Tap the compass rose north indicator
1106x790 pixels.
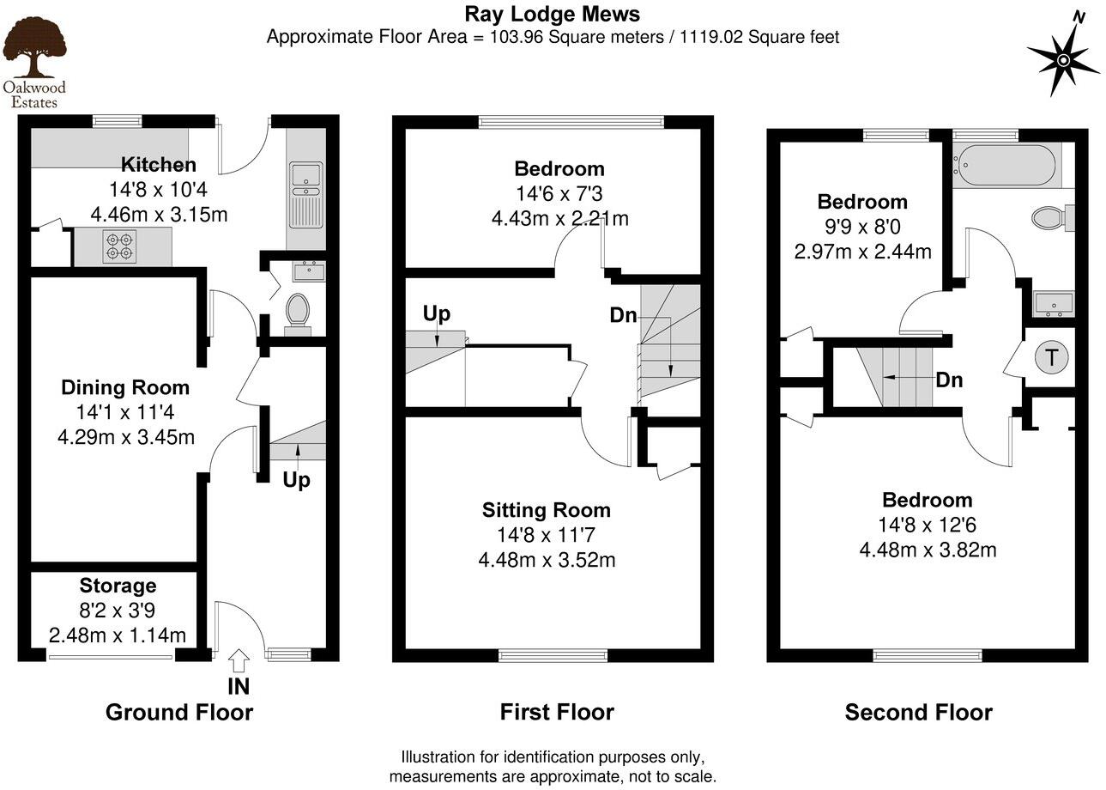tap(1063, 58)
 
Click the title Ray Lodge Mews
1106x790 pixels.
tap(552, 14)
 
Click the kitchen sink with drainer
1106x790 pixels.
tap(305, 194)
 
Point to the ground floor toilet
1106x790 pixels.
tap(298, 310)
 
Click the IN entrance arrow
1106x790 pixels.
tap(239, 661)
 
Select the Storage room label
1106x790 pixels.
tap(118, 586)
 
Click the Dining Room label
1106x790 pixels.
tap(125, 388)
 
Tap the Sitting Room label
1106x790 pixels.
tap(546, 510)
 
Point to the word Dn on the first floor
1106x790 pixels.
tap(623, 315)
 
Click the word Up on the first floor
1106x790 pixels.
tap(436, 313)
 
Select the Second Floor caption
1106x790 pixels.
tap(918, 712)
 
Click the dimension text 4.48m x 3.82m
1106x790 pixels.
tap(928, 550)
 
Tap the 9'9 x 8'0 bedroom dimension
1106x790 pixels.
tap(861, 227)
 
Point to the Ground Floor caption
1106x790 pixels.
tap(179, 712)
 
